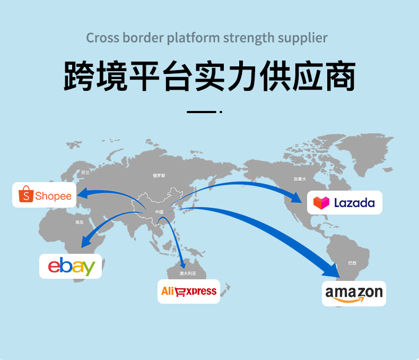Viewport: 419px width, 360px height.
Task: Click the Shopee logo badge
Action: point(45,195)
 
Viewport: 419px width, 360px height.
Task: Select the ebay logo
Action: point(71,266)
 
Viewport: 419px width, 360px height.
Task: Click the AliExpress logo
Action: point(189,291)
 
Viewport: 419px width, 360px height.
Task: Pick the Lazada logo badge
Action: point(344,202)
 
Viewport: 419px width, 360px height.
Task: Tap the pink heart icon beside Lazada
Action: point(321,202)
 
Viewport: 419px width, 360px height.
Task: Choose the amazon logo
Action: point(354,293)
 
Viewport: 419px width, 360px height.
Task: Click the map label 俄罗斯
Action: point(159,175)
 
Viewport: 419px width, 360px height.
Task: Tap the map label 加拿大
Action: point(300,179)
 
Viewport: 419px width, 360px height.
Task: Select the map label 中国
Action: point(159,212)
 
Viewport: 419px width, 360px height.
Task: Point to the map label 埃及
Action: point(80,222)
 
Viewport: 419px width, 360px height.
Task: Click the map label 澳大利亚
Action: point(187,273)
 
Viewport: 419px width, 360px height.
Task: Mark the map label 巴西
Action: point(352,263)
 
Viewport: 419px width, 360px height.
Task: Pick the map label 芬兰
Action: point(85,173)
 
